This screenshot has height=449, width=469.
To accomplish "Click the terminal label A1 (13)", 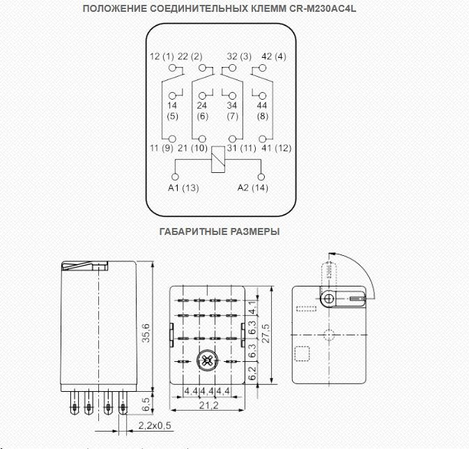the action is click(183, 188).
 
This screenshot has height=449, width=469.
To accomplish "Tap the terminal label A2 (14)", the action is click(253, 188).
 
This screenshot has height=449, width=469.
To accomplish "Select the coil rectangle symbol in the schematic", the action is click(217, 159).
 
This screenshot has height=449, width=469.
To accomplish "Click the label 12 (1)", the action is click(162, 56).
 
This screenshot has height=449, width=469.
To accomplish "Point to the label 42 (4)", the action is click(274, 56).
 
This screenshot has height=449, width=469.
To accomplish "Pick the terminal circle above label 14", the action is click(172, 96).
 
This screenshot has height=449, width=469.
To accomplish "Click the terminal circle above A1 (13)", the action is click(175, 177).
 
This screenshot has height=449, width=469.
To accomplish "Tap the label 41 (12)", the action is click(277, 149).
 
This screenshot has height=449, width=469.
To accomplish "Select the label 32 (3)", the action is click(239, 56).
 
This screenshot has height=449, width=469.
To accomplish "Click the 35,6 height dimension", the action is click(146, 333).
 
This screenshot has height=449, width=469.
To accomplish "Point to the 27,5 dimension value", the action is click(266, 333).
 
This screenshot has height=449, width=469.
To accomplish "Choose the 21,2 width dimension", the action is click(209, 405).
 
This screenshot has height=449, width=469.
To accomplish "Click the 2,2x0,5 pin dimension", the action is click(155, 425).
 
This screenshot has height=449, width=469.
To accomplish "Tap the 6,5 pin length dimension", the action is click(146, 404).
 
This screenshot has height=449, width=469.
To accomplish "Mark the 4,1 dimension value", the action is click(253, 307).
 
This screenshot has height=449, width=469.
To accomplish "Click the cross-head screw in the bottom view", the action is click(207, 361).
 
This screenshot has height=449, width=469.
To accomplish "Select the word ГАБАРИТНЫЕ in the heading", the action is click(192, 231).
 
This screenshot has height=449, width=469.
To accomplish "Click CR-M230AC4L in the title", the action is click(323, 8).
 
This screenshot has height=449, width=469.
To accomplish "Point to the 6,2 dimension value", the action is click(253, 373).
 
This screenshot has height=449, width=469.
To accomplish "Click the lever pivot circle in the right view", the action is click(329, 298).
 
